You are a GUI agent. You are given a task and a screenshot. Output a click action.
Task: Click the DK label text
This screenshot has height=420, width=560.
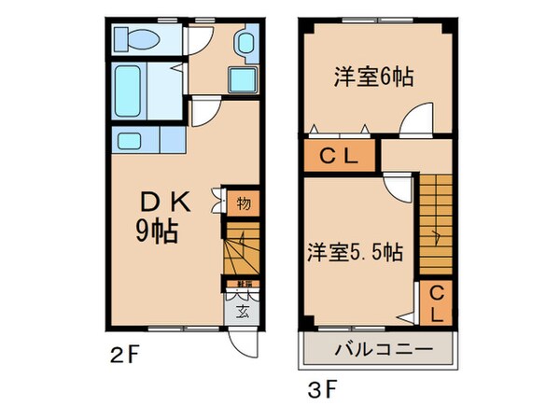click(x=165, y=202)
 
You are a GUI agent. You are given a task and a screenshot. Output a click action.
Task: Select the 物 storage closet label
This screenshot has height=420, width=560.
click(x=243, y=202)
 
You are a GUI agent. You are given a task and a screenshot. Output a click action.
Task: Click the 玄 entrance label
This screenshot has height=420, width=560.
click(x=241, y=311)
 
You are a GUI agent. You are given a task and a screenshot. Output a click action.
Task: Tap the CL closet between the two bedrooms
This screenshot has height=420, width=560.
click(x=340, y=157)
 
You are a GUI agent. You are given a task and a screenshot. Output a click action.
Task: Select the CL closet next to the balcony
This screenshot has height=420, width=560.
click(x=435, y=304)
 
